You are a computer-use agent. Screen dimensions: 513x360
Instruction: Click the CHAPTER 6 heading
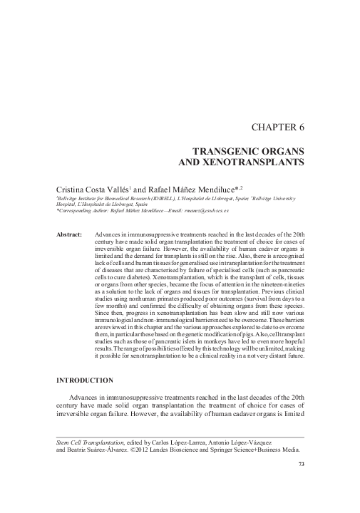(x=277, y=128)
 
